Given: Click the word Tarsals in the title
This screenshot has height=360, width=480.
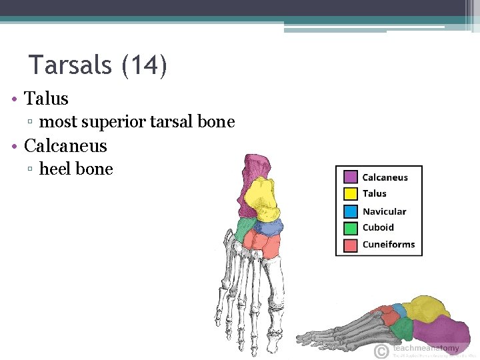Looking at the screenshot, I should (x=71, y=65).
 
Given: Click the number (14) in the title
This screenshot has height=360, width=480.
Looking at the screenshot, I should (x=144, y=65).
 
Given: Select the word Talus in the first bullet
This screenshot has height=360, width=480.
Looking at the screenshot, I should (x=46, y=99).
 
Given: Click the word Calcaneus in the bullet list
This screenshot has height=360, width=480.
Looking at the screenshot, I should (x=65, y=145).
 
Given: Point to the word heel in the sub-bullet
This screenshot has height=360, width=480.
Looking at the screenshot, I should (x=56, y=169).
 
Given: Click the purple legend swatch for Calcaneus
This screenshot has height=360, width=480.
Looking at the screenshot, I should (x=351, y=177).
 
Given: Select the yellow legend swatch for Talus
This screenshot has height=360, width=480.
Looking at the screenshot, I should (x=351, y=194).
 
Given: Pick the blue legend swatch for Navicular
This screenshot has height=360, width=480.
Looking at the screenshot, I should (x=351, y=211).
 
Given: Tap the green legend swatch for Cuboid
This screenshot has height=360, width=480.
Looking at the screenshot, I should (x=351, y=228).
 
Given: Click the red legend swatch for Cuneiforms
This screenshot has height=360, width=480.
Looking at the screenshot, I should (x=351, y=245).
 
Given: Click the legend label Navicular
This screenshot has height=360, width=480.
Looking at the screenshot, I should (x=384, y=211).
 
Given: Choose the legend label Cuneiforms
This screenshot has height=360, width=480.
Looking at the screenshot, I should (x=389, y=245).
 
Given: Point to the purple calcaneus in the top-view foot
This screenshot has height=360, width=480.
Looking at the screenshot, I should (x=254, y=170).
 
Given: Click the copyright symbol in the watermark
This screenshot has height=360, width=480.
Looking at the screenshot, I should (x=381, y=351).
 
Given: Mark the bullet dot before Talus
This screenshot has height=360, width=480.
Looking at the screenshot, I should (x=14, y=99).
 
